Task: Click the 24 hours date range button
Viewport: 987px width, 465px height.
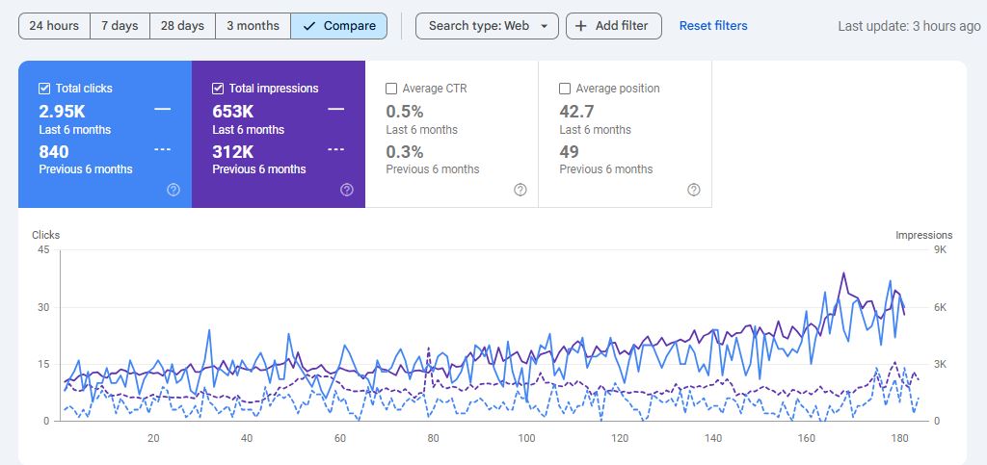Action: click(54, 26)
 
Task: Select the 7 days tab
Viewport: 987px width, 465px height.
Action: click(120, 26)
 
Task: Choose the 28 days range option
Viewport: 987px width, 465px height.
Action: click(182, 26)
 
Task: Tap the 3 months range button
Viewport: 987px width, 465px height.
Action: click(253, 26)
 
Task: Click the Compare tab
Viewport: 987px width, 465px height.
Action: click(338, 26)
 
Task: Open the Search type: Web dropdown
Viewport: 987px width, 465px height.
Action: click(487, 26)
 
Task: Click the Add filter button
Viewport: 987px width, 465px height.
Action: click(613, 26)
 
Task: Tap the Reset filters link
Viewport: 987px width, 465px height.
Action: click(713, 26)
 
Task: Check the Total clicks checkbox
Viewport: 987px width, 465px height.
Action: click(44, 89)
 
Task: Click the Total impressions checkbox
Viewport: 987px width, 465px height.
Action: click(218, 89)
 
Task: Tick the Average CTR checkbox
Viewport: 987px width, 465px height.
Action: click(391, 89)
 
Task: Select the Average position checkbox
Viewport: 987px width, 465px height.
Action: click(565, 89)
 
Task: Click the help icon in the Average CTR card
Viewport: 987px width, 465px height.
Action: click(520, 190)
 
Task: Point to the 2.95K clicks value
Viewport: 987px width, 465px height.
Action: click(62, 111)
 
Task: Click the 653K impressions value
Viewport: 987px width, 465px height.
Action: click(232, 111)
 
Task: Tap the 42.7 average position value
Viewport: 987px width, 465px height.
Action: click(576, 111)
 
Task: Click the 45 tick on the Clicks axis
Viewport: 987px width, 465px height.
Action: click(42, 250)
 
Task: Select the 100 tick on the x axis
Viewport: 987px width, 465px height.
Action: click(526, 439)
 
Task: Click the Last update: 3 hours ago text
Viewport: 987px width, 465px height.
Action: click(909, 26)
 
